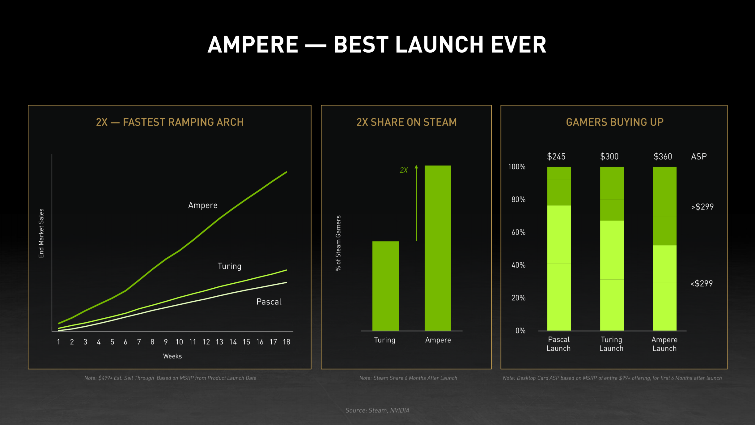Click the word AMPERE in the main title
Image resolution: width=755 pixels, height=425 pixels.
coord(253,45)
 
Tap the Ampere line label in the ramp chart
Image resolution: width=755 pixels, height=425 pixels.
coord(203,205)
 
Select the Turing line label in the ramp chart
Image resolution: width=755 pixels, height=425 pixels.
coord(229,266)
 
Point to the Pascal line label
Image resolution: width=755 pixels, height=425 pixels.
coord(269,302)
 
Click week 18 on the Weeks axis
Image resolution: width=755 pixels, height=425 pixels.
coord(286,342)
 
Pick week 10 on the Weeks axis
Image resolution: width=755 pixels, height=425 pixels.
coord(179,342)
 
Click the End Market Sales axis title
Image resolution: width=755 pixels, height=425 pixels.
coord(41,233)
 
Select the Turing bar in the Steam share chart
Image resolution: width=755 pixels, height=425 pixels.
coord(385,286)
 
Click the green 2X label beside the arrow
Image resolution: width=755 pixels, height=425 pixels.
coord(404,170)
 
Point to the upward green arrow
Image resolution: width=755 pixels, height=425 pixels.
coord(416,203)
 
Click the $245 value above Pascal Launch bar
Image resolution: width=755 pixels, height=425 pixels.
coord(556,157)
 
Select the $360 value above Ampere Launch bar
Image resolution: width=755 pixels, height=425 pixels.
coord(663,157)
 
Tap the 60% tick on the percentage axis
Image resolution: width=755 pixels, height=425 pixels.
coord(518,232)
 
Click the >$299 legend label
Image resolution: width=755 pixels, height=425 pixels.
coord(702,207)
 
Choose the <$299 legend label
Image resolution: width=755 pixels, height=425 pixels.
coord(702,284)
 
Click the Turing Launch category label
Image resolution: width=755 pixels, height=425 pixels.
coord(611,344)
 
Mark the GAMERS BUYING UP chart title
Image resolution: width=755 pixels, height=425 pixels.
coord(615,122)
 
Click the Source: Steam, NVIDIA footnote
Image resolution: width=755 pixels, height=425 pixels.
coord(377,410)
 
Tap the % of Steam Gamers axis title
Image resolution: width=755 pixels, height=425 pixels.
coord(338,243)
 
